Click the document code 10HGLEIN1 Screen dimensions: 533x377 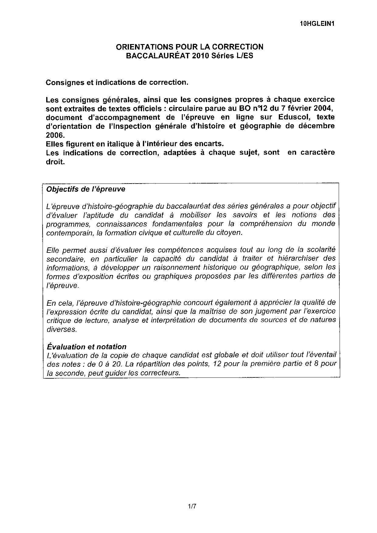coord(316,24)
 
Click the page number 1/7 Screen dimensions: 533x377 coord(192,506)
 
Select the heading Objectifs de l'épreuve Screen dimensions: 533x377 coord(85,189)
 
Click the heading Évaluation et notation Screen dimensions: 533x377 coord(86,347)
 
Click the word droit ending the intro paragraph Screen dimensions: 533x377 coord(55,161)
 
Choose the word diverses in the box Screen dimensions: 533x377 coord(61,329)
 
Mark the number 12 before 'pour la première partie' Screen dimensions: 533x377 coord(218,364)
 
